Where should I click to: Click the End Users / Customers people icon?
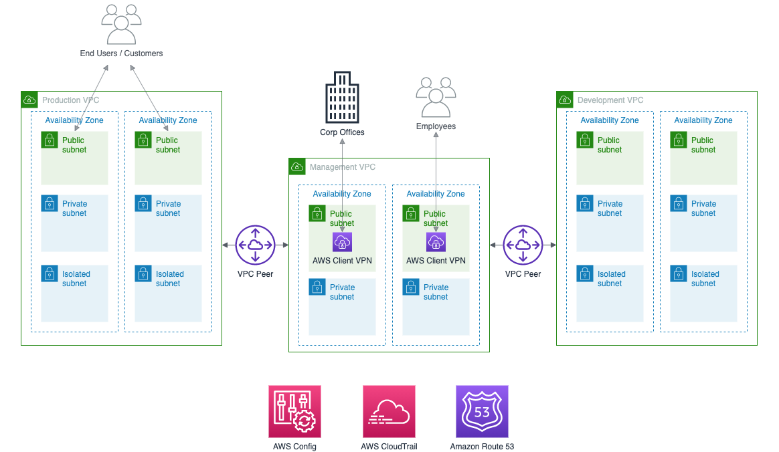121,24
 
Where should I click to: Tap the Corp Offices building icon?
342,97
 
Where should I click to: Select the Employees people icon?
436,98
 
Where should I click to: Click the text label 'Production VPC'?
70,100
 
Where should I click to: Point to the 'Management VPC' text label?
342,167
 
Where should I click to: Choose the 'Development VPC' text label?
610,100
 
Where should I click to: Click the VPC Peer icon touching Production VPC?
255,245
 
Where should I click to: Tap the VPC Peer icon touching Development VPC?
523,245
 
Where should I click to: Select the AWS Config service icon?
294,411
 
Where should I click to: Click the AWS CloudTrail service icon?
389,411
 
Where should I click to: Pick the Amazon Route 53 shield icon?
482,411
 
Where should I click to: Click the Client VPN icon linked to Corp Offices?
342,242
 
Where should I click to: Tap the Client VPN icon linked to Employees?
436,242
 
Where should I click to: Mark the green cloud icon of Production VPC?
29,100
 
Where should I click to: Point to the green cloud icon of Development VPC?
565,100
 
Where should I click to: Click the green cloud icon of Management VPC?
297,167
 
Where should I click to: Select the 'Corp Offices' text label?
342,132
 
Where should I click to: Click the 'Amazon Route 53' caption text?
482,447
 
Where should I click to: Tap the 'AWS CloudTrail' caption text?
389,447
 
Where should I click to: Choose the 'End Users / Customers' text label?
121,53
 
